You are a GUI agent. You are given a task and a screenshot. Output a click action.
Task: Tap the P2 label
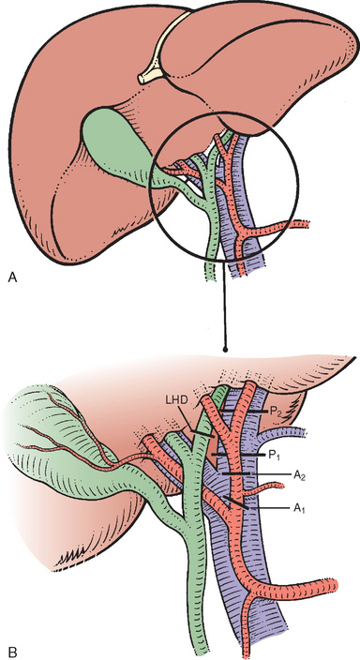point(275,412)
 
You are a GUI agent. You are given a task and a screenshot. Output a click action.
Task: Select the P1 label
point(275,455)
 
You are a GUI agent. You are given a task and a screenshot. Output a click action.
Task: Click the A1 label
point(298,509)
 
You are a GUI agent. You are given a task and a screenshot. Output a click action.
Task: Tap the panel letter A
point(13,277)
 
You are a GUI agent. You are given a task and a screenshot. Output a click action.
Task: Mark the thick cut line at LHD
point(201,434)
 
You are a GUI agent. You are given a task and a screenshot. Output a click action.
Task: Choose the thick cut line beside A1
point(236,503)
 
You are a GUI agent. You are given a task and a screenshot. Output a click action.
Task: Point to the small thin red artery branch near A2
point(265,489)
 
